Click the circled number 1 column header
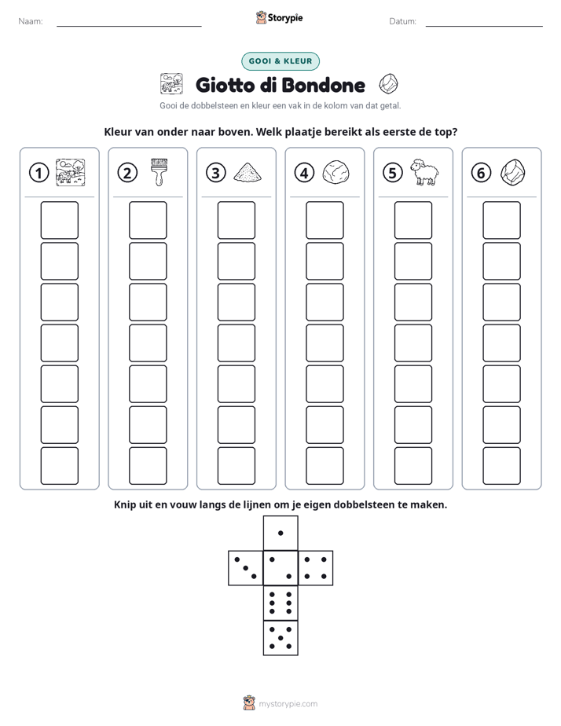pos(38,173)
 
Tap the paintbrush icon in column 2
pos(159,172)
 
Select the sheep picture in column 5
pos(424,172)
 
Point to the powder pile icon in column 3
pos(247,172)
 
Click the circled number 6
pos(481,173)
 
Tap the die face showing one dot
pos(280,533)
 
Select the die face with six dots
pos(280,603)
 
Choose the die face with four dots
pos(316,567)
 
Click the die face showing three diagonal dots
pos(246,567)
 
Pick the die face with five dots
pos(280,637)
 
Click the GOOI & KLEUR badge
pos(280,61)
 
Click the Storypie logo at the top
pos(279,18)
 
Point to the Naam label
pos(31,21)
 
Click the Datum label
pos(403,21)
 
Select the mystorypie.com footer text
pos(288,704)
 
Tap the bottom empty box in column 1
pos(59,466)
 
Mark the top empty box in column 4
pos(324,220)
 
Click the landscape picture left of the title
pos(171,84)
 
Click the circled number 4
pos(304,173)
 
